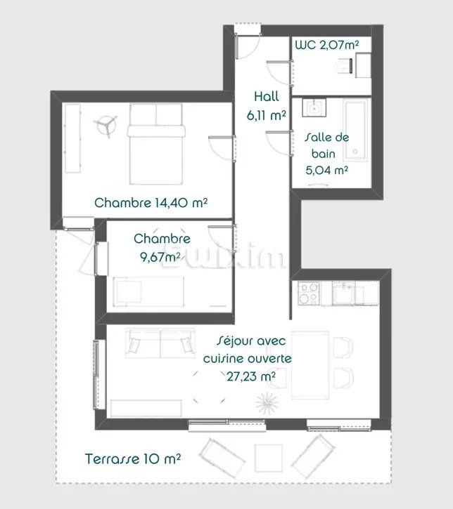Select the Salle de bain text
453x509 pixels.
[327, 145]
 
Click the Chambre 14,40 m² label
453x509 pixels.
[151, 204]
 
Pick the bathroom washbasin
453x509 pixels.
[312, 110]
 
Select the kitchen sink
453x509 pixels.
[345, 291]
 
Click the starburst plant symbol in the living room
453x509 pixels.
[266, 404]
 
